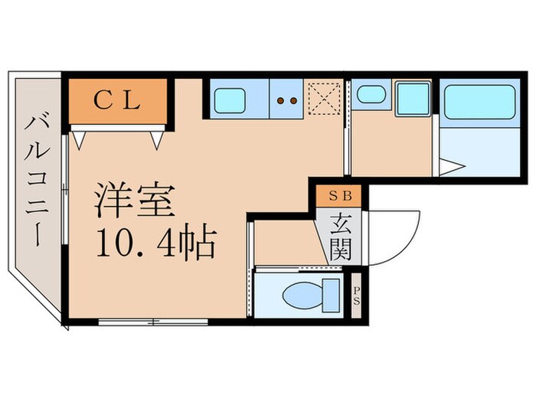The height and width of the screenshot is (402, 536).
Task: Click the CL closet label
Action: tap(117, 101)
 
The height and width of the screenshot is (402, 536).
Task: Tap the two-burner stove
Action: tap(286, 100)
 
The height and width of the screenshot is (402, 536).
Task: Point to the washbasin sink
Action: tap(371, 96)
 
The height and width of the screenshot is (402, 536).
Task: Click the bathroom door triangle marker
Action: tap(451, 165)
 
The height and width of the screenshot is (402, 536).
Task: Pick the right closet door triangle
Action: tap(158, 140)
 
